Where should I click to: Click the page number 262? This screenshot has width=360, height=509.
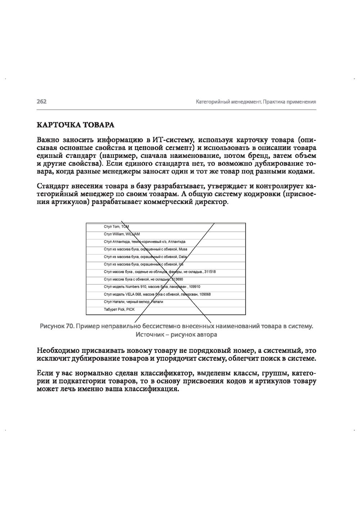(x=41, y=102)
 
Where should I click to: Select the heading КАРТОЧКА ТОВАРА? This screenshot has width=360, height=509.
(x=76, y=125)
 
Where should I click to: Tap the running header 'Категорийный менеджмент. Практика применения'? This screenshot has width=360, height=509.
(x=256, y=102)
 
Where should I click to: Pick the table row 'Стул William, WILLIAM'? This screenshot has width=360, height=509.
(x=122, y=234)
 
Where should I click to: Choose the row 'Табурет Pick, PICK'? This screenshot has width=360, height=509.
(x=119, y=309)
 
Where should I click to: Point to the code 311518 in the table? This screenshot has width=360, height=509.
(x=210, y=272)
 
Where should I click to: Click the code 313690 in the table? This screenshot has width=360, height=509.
(x=177, y=279)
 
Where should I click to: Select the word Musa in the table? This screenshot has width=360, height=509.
(x=183, y=249)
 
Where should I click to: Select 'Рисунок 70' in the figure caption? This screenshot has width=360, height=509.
(x=57, y=326)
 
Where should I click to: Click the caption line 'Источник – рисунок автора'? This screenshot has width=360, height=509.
(x=176, y=335)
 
